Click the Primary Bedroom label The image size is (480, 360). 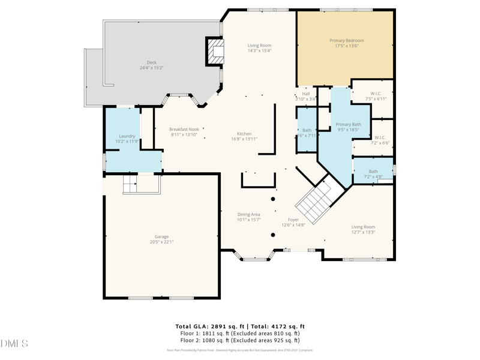[x=346, y=41]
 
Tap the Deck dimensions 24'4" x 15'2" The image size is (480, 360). [x=151, y=68]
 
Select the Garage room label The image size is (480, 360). [x=161, y=236]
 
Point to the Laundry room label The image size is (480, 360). [x=127, y=136]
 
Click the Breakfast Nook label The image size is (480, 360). [x=184, y=129]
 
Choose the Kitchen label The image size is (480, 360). [x=244, y=134]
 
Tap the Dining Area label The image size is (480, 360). [x=248, y=214]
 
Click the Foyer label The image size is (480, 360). [x=293, y=220]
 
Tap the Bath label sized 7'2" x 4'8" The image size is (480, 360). [x=373, y=172]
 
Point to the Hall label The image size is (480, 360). [x=306, y=94]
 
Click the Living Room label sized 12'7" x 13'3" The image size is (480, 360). [x=363, y=227]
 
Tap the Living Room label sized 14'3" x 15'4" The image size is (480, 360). [x=260, y=46]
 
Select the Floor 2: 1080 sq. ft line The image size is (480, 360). [x=240, y=340]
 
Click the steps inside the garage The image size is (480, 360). [x=131, y=184]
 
